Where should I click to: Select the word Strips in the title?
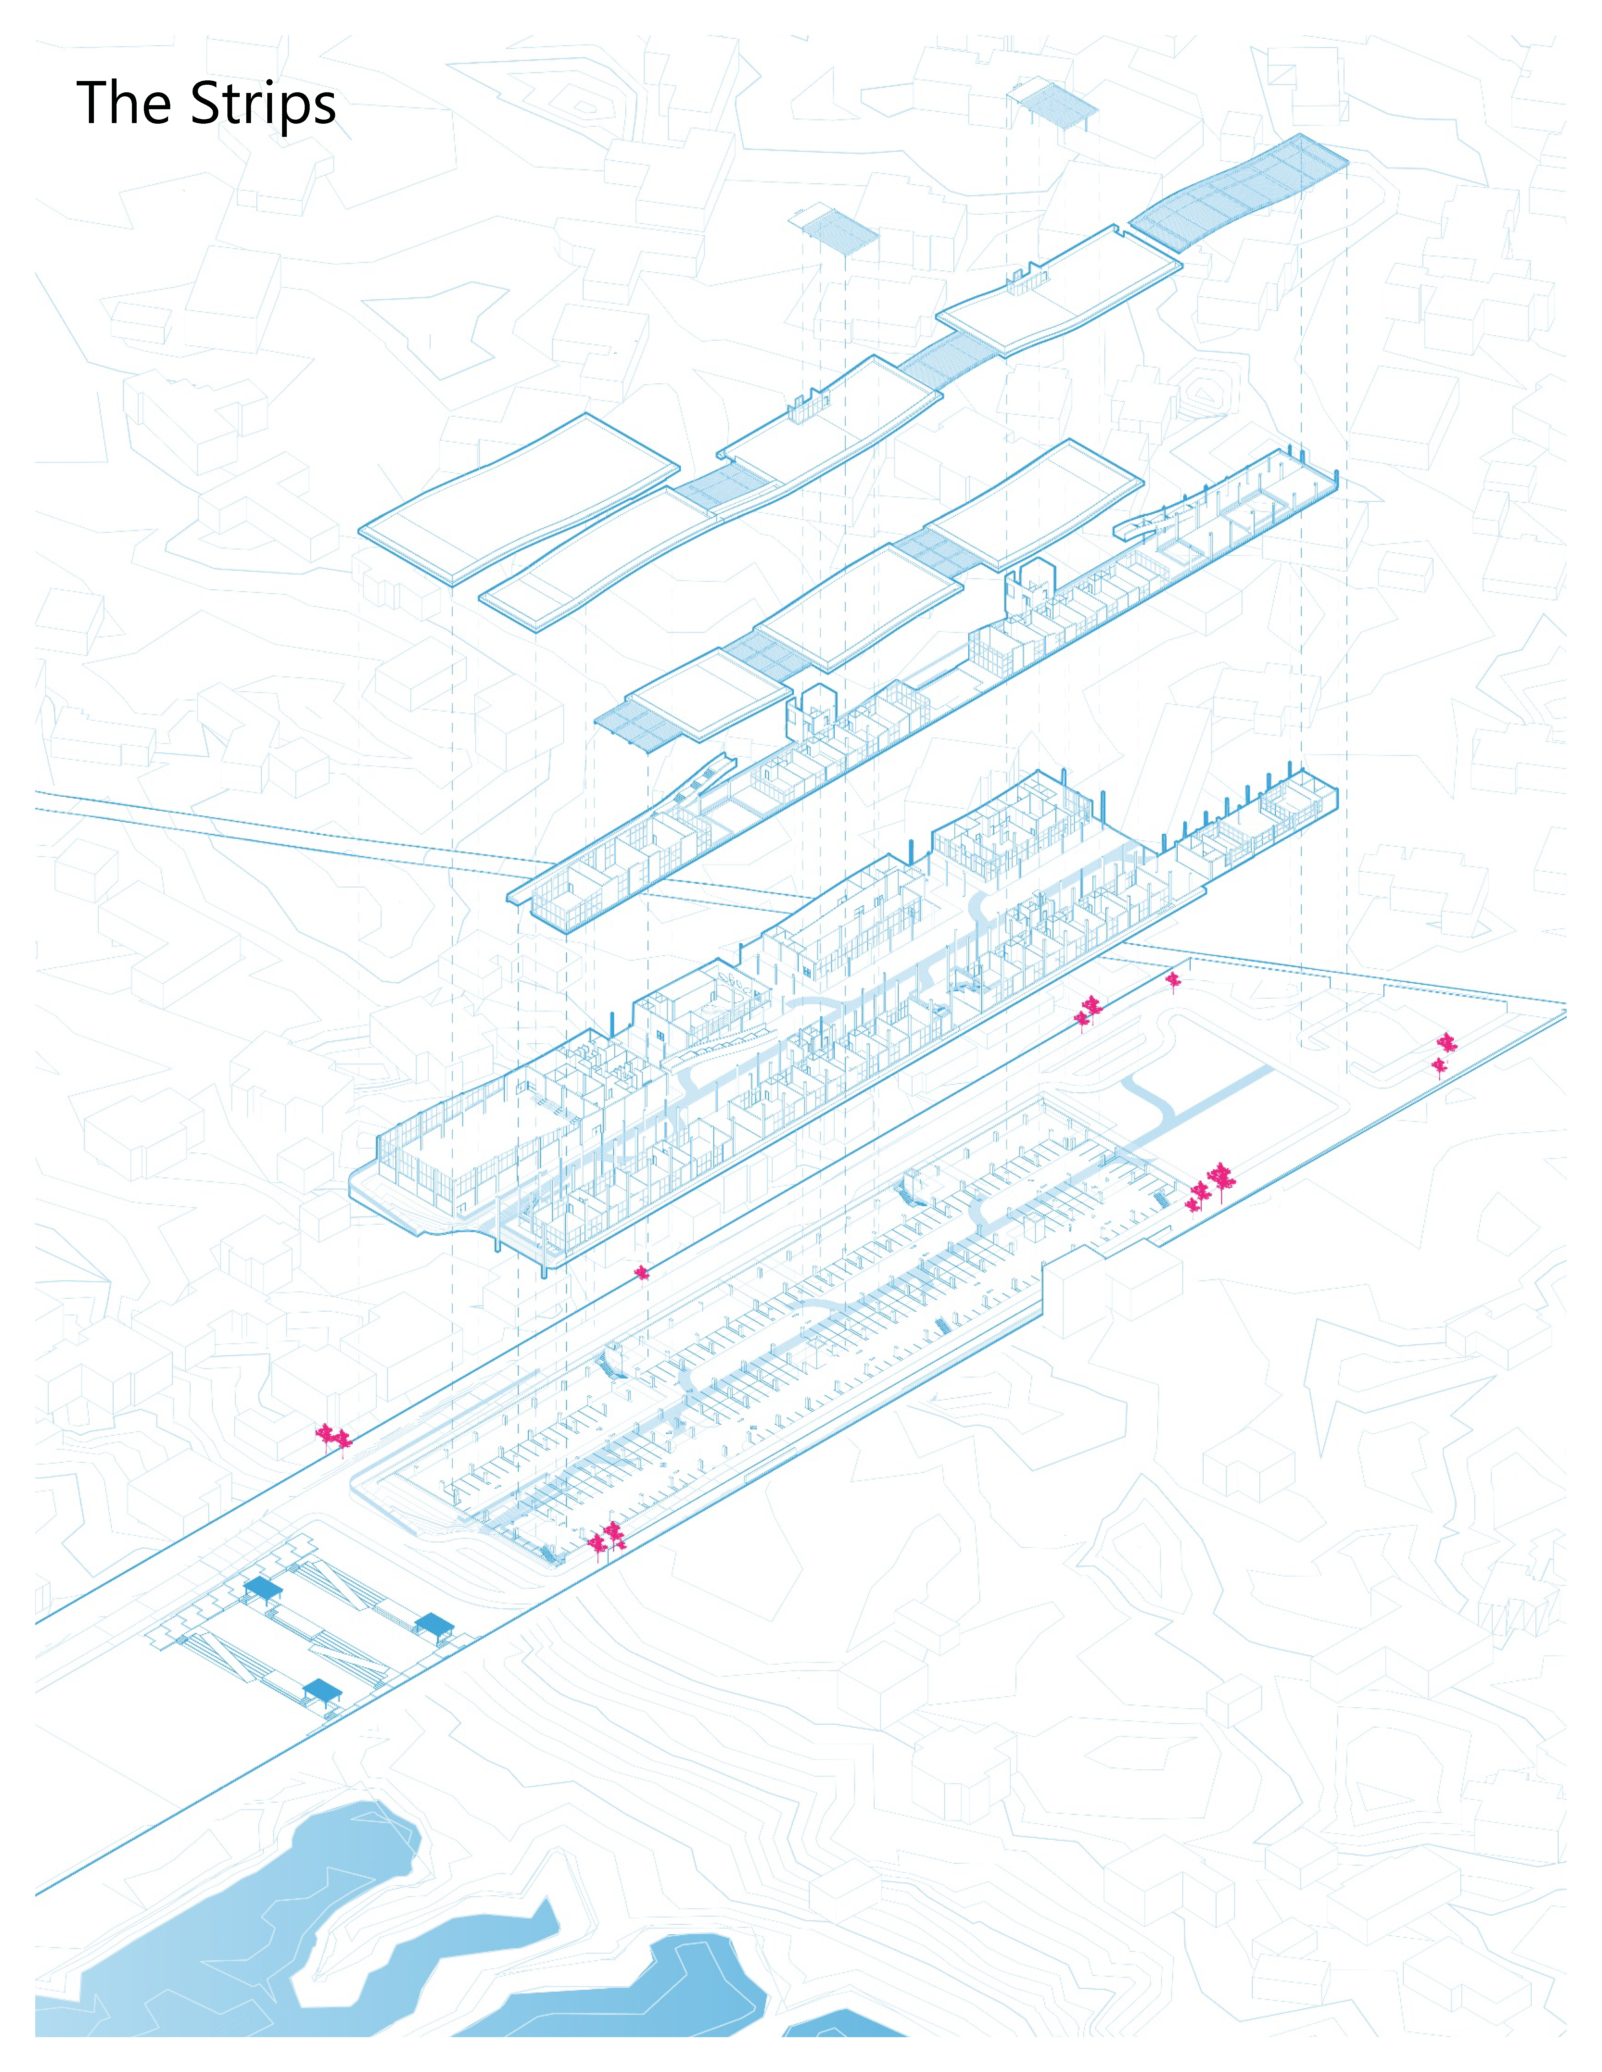pos(263,105)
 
